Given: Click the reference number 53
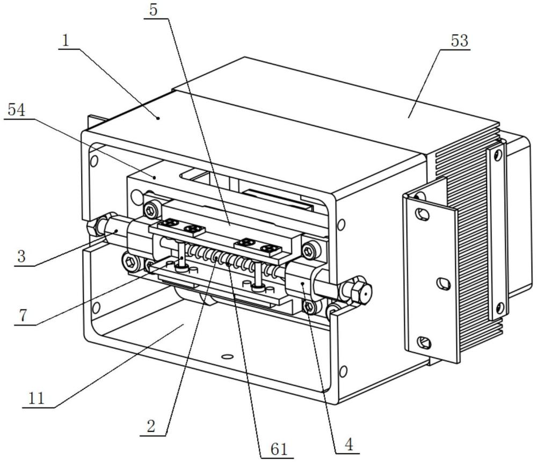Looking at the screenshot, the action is pos(459,41).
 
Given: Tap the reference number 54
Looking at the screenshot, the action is pos(16,111).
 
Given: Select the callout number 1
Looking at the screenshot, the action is pos(66,41).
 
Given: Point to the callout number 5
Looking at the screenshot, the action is pos(154,10).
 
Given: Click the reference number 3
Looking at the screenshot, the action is pos(21,256).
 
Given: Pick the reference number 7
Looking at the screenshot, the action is pos(23,316).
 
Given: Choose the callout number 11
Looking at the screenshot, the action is pos(37,399).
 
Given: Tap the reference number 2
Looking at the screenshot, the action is pos(151,426).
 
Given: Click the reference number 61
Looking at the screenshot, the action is pos(279,449).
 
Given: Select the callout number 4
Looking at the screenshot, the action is pos(349,445).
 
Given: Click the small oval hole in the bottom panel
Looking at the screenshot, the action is pos(226,357).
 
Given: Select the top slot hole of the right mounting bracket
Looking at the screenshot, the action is pos(422,214).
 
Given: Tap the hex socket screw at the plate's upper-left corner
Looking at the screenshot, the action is pos(150,210).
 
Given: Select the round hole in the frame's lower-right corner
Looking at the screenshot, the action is pos(343,371).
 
